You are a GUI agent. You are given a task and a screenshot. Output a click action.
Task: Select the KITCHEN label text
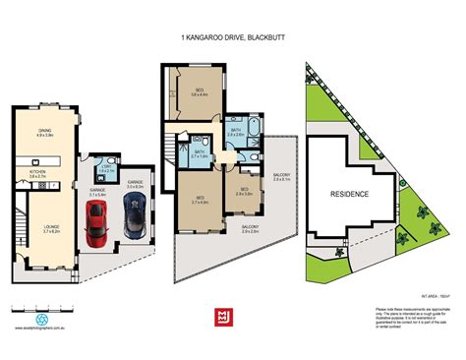(x=37, y=173)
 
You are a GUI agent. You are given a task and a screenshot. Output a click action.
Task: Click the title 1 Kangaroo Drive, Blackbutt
(x=232, y=35)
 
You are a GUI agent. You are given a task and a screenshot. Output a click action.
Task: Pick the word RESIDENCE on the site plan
(x=349, y=194)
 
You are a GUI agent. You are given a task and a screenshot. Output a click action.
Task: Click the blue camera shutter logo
(x=41, y=320)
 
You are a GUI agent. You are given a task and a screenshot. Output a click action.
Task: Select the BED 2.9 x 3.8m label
(x=245, y=193)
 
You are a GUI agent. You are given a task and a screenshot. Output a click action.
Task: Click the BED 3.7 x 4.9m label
(x=200, y=200)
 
